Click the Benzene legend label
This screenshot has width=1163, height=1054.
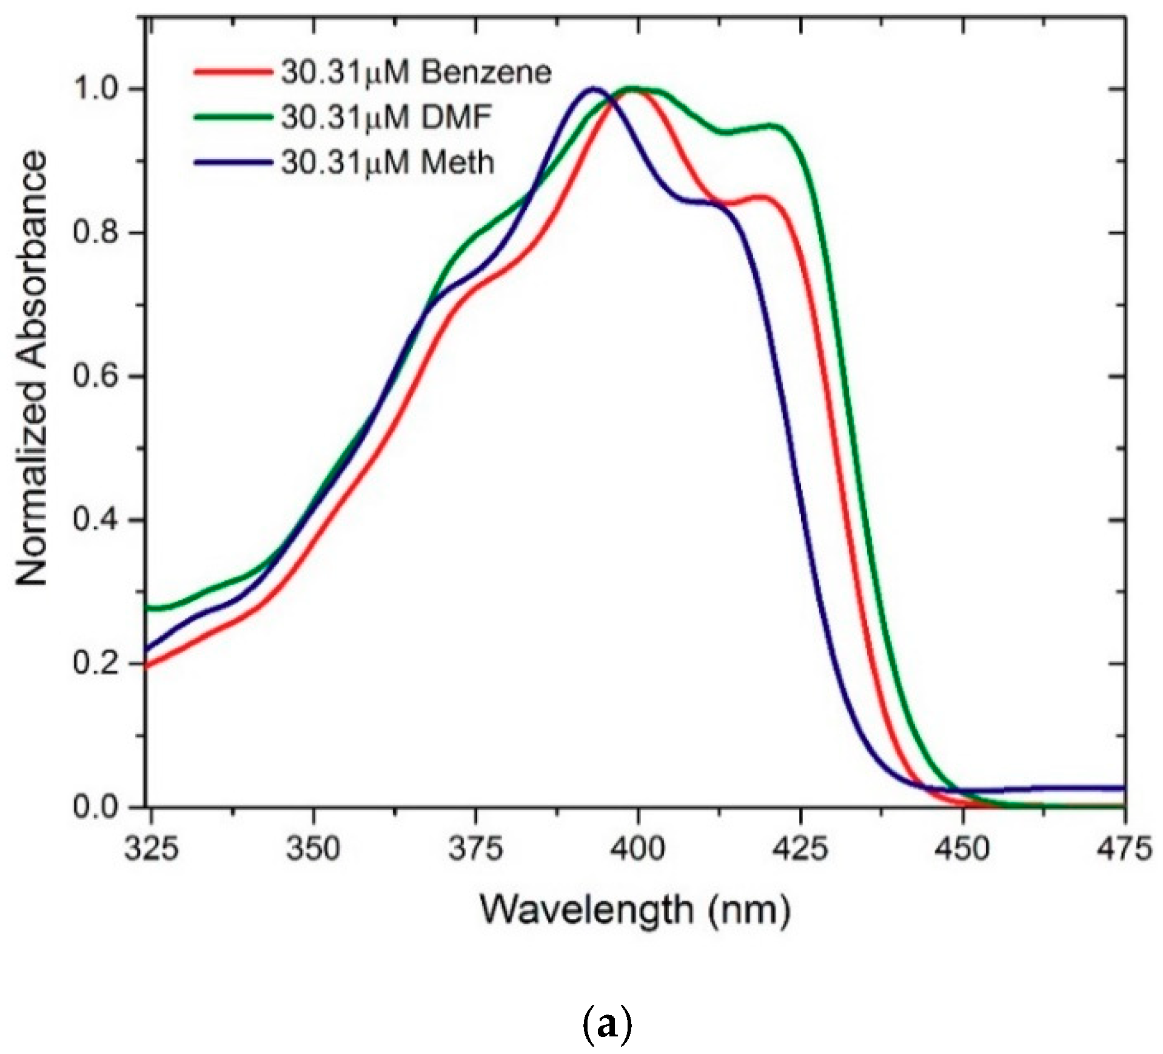click(415, 73)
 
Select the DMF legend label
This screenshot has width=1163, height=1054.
click(386, 118)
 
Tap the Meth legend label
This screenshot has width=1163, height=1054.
click(387, 163)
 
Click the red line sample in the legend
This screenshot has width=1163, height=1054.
click(232, 72)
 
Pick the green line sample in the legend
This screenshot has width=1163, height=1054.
click(232, 117)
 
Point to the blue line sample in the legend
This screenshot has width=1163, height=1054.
click(232, 162)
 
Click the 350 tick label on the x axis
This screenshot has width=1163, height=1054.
click(313, 848)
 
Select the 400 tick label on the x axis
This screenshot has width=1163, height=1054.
click(637, 848)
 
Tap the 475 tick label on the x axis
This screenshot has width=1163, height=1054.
click(1124, 848)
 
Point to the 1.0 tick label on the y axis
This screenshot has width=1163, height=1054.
click(96, 89)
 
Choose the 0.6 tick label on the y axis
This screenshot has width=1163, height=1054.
click(96, 376)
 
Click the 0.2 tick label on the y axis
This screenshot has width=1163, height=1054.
click(96, 663)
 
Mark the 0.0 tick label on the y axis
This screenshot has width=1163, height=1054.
click(96, 807)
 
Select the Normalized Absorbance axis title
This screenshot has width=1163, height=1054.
click(32, 368)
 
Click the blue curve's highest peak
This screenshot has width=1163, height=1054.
click(593, 89)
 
